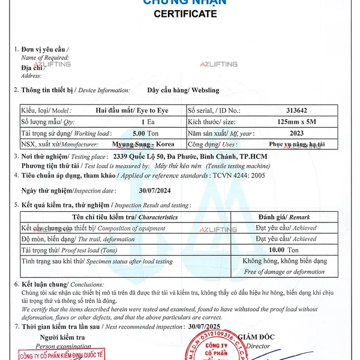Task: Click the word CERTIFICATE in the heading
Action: (x=185, y=14)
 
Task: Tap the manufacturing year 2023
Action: (x=296, y=133)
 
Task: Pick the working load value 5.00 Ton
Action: (x=145, y=133)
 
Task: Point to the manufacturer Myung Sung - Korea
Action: (x=143, y=145)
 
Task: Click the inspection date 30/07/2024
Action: (x=151, y=190)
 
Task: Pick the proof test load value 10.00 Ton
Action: (x=284, y=250)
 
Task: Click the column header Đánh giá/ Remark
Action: (x=287, y=217)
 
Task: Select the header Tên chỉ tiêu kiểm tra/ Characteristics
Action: (x=125, y=217)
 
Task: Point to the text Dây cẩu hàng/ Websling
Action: (x=183, y=91)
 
